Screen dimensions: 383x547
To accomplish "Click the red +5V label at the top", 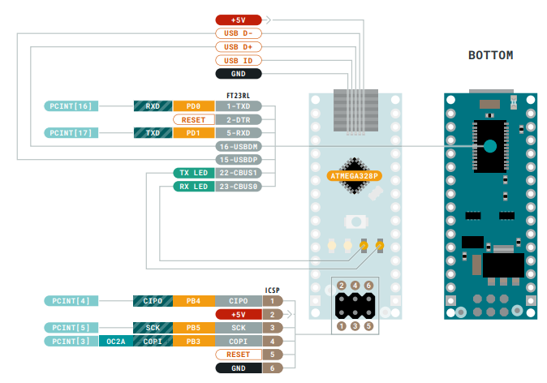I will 238,19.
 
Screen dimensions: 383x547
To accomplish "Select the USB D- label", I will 238,33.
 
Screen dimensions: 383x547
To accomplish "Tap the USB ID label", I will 238,60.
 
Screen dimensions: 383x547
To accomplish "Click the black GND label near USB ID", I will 238,73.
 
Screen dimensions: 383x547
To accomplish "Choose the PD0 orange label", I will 193,106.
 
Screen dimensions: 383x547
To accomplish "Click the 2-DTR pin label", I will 238,119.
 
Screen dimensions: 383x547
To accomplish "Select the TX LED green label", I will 192,173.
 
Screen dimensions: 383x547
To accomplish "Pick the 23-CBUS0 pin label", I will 238,186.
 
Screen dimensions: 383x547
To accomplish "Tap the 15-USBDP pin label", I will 238,159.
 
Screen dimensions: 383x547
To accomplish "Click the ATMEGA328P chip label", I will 354,174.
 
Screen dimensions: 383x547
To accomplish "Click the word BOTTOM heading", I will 490,55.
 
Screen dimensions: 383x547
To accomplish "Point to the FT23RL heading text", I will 238,96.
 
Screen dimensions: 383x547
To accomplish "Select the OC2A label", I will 115,342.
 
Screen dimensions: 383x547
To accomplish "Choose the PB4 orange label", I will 193,300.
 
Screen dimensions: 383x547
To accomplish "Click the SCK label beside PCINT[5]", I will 153,327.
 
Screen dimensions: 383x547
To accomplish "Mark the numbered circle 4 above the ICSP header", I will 355,286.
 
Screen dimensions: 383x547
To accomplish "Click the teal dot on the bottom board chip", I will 489,146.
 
